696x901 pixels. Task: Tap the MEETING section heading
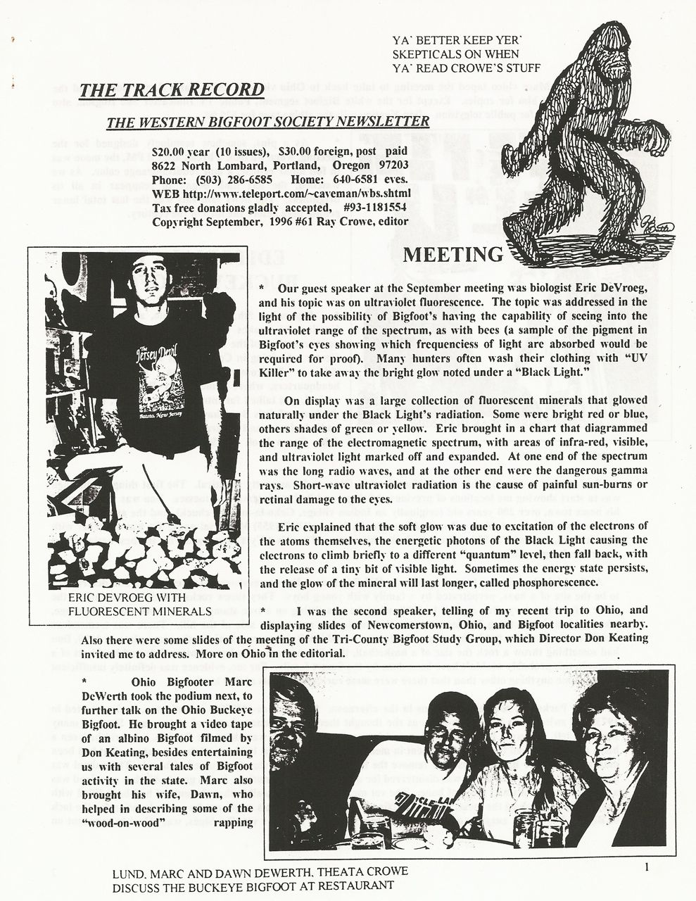(x=453, y=254)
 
